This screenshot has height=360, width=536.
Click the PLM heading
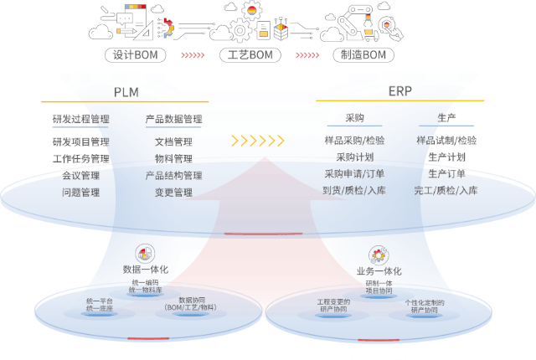coord(126,91)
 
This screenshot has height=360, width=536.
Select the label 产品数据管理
coord(173,120)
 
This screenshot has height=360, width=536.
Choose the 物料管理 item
coord(173,159)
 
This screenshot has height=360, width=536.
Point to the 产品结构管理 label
coord(173,176)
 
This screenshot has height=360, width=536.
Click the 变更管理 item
coord(173,193)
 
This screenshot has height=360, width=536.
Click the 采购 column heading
coord(354,119)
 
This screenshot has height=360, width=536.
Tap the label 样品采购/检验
coord(354,141)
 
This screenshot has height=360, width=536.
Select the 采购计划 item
coord(354,157)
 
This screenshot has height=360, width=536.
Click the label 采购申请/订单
coord(354,174)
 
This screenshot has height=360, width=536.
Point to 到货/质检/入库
coord(354,191)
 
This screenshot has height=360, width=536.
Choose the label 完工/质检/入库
coord(446,191)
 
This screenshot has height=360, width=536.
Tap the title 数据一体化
coord(146,270)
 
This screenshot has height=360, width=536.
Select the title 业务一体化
coord(379,271)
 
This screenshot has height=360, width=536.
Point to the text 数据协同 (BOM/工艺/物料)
coord(191,304)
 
